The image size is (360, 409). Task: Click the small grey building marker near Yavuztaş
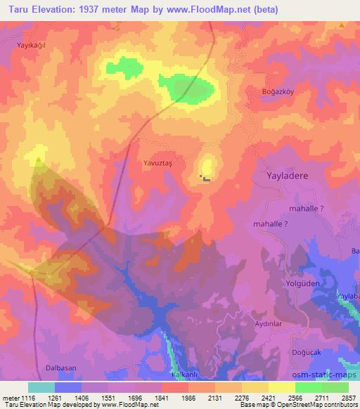click(205, 178)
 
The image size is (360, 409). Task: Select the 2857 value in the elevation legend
click(348, 398)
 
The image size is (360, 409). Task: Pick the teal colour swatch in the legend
click(41, 387)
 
